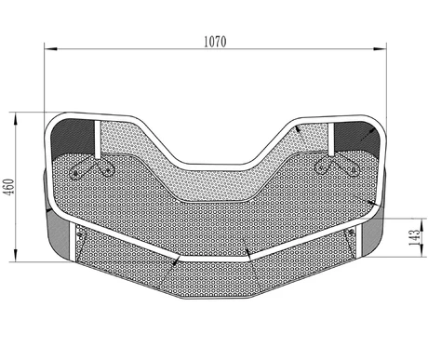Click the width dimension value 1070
[x=215, y=40]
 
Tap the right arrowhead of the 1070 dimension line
[x=384, y=47]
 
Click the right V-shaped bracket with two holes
[x=337, y=167]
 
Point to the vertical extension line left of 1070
[x=44, y=84]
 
